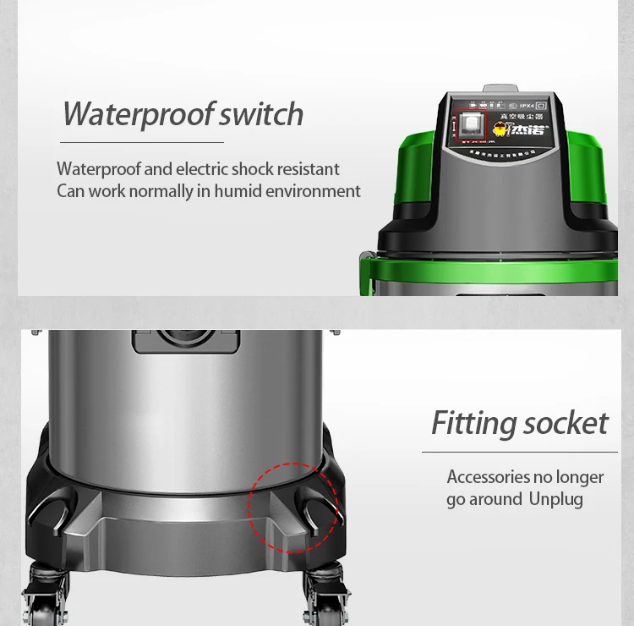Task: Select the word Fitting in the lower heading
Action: tap(473, 423)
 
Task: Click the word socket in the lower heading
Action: tap(566, 423)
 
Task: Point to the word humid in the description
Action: tap(238, 191)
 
